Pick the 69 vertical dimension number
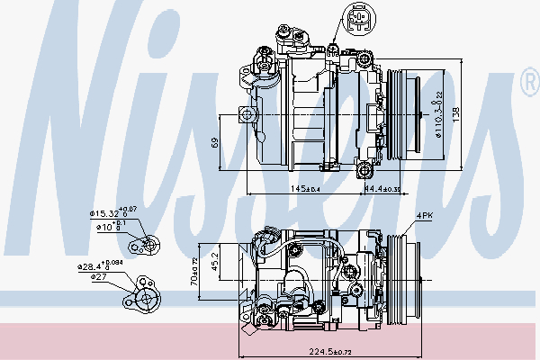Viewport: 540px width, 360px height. (x=214, y=142)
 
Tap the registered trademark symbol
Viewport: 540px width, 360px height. (x=528, y=84)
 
